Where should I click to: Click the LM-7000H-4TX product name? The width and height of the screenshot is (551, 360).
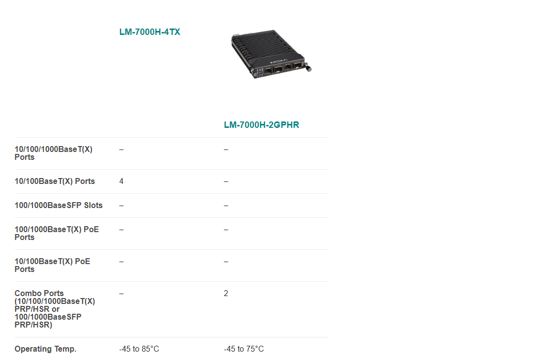pos(150,32)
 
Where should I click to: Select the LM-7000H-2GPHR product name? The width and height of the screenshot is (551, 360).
pos(261,125)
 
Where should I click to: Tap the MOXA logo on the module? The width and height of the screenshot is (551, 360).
pos(278,62)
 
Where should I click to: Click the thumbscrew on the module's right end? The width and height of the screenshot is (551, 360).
pos(308,68)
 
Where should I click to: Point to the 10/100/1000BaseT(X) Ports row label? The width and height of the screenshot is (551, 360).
pos(54,153)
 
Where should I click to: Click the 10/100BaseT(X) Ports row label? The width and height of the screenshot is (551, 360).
pos(55,181)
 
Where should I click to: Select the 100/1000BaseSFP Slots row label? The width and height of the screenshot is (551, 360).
pos(59,206)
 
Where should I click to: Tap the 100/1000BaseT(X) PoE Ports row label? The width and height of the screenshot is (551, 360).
pos(57,233)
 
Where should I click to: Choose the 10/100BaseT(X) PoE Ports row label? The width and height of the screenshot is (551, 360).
pos(52,265)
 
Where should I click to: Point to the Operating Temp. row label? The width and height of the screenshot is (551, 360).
pos(45,349)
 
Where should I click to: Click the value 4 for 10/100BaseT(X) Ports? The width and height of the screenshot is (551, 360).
pos(121,181)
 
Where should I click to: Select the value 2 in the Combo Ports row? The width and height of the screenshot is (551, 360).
pos(226,293)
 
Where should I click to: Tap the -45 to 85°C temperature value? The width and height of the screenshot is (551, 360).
pos(139,349)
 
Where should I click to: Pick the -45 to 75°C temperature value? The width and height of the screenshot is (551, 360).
pos(244,349)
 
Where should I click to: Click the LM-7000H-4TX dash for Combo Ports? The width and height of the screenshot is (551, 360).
pos(121,293)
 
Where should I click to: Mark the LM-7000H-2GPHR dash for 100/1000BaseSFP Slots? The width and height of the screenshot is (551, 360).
pos(226,206)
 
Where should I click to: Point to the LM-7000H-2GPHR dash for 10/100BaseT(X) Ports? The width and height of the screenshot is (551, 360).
pos(226,181)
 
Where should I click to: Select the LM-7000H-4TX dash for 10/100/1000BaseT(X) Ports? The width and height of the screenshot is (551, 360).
pos(121,150)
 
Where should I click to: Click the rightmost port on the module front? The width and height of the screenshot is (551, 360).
pos(298,66)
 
